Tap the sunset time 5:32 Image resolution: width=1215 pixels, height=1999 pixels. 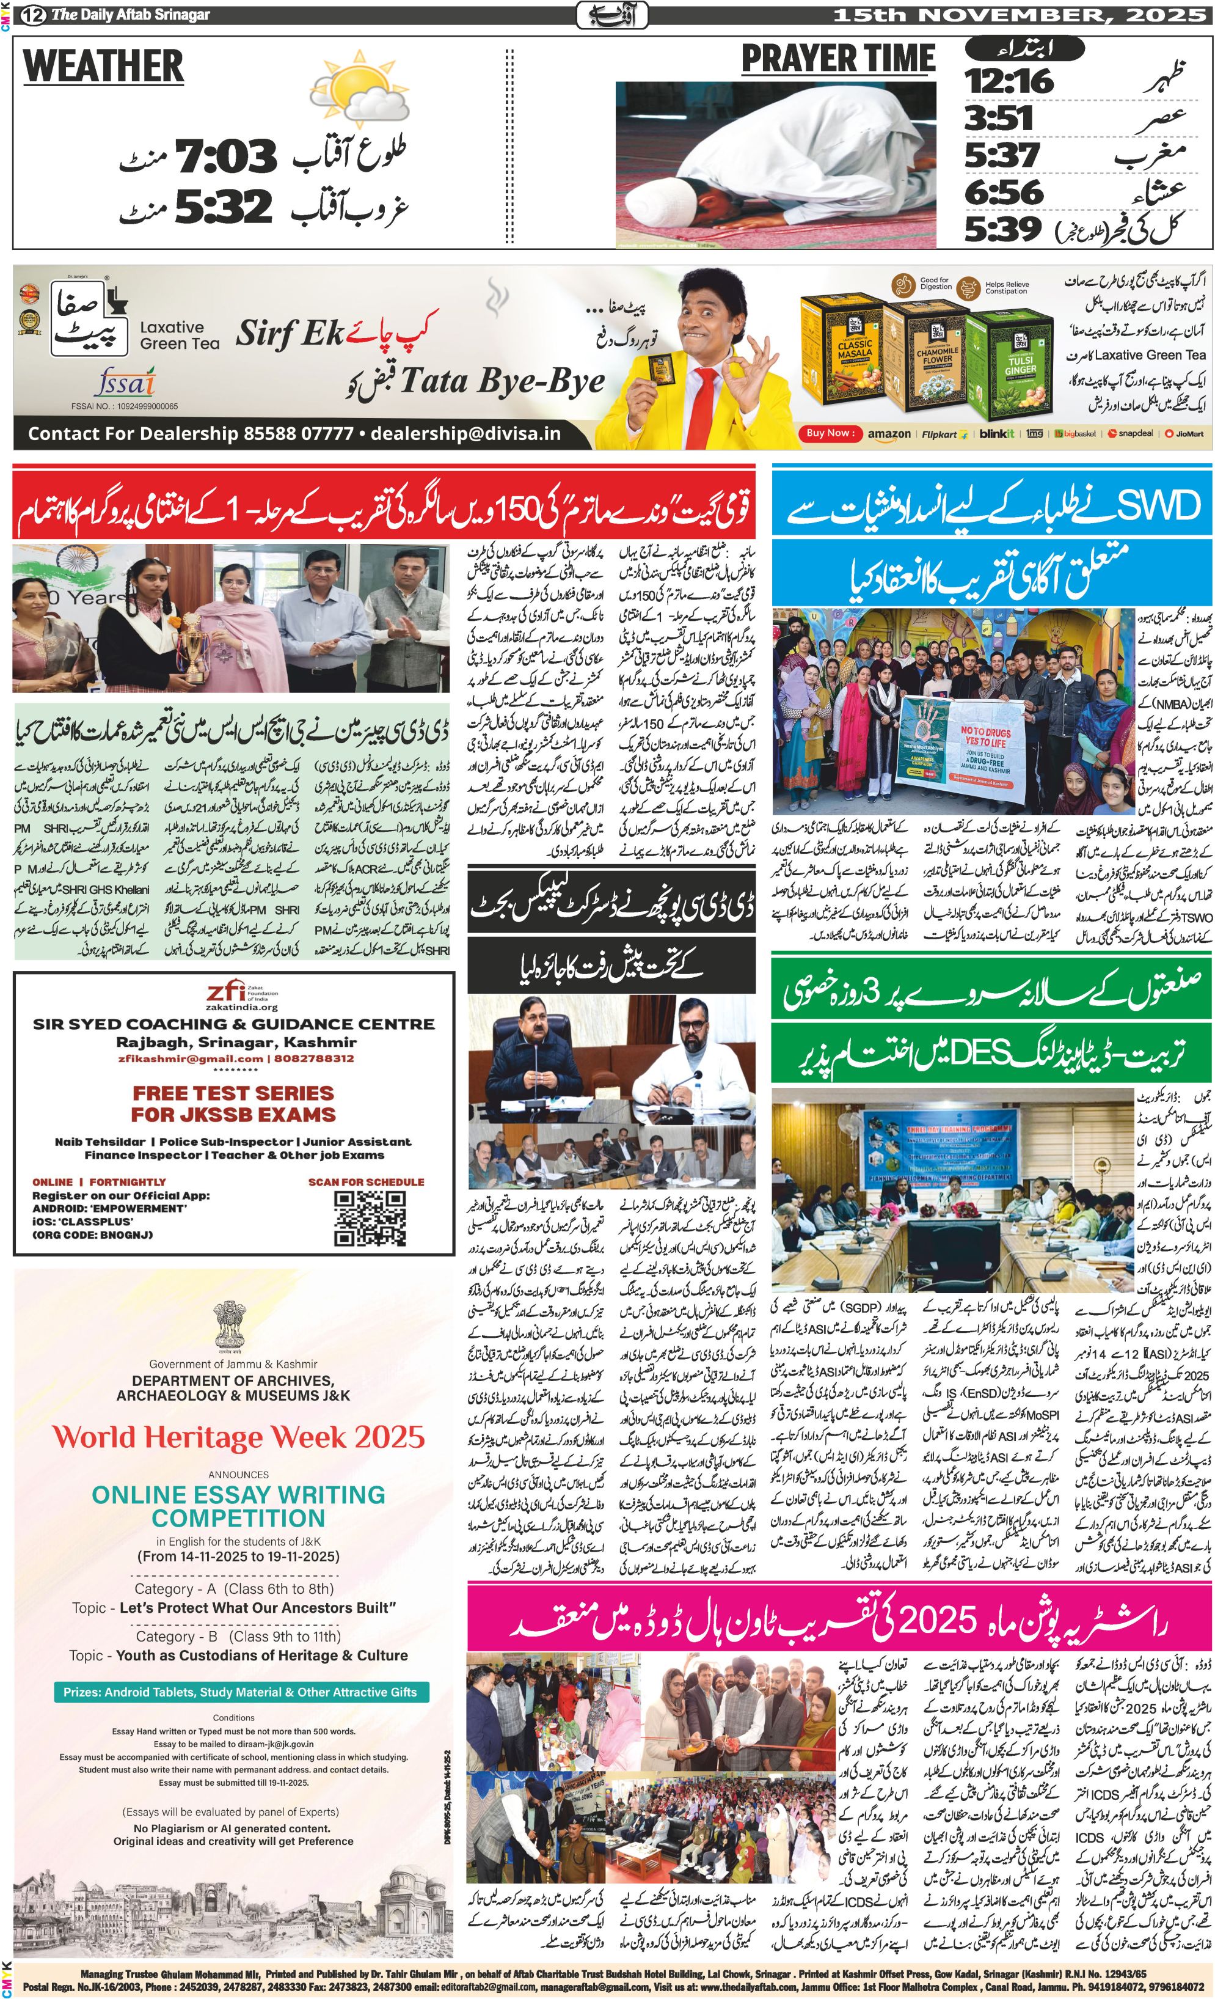[223, 207]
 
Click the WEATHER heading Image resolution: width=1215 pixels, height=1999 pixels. [103, 67]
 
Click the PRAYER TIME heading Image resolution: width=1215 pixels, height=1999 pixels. [838, 59]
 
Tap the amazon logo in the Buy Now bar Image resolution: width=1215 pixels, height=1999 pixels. [889, 434]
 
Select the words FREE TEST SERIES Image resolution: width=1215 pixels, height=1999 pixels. [233, 1093]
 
